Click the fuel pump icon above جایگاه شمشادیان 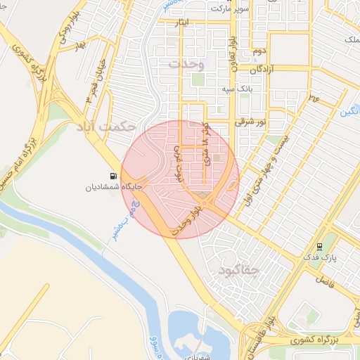(112, 176)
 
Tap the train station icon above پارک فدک (319, 246)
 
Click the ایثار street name (182, 23)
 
